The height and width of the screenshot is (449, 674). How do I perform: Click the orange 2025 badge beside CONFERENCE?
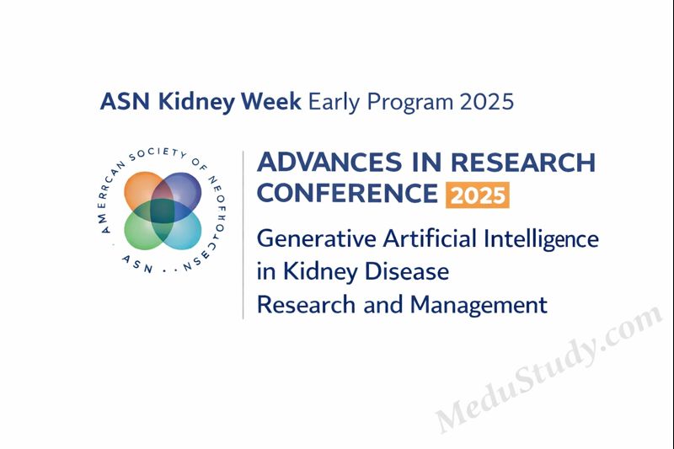477,195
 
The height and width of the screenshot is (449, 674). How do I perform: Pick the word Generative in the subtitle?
316,239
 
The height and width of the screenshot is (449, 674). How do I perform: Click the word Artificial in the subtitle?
430,239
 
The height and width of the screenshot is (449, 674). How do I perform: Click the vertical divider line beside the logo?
243,236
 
